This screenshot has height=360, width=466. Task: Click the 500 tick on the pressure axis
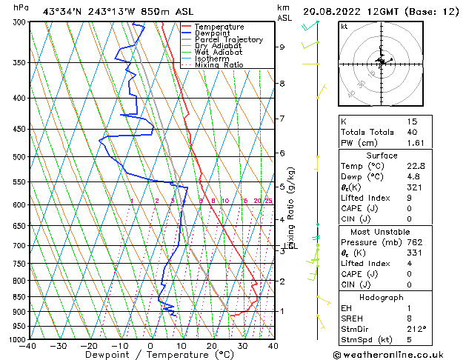pos(20,157)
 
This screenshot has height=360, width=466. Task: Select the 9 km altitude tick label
pos(282,47)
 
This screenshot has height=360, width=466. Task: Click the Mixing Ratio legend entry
pos(219,65)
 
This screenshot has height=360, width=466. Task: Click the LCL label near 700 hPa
pos(291,246)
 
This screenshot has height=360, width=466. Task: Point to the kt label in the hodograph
pos(344,27)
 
